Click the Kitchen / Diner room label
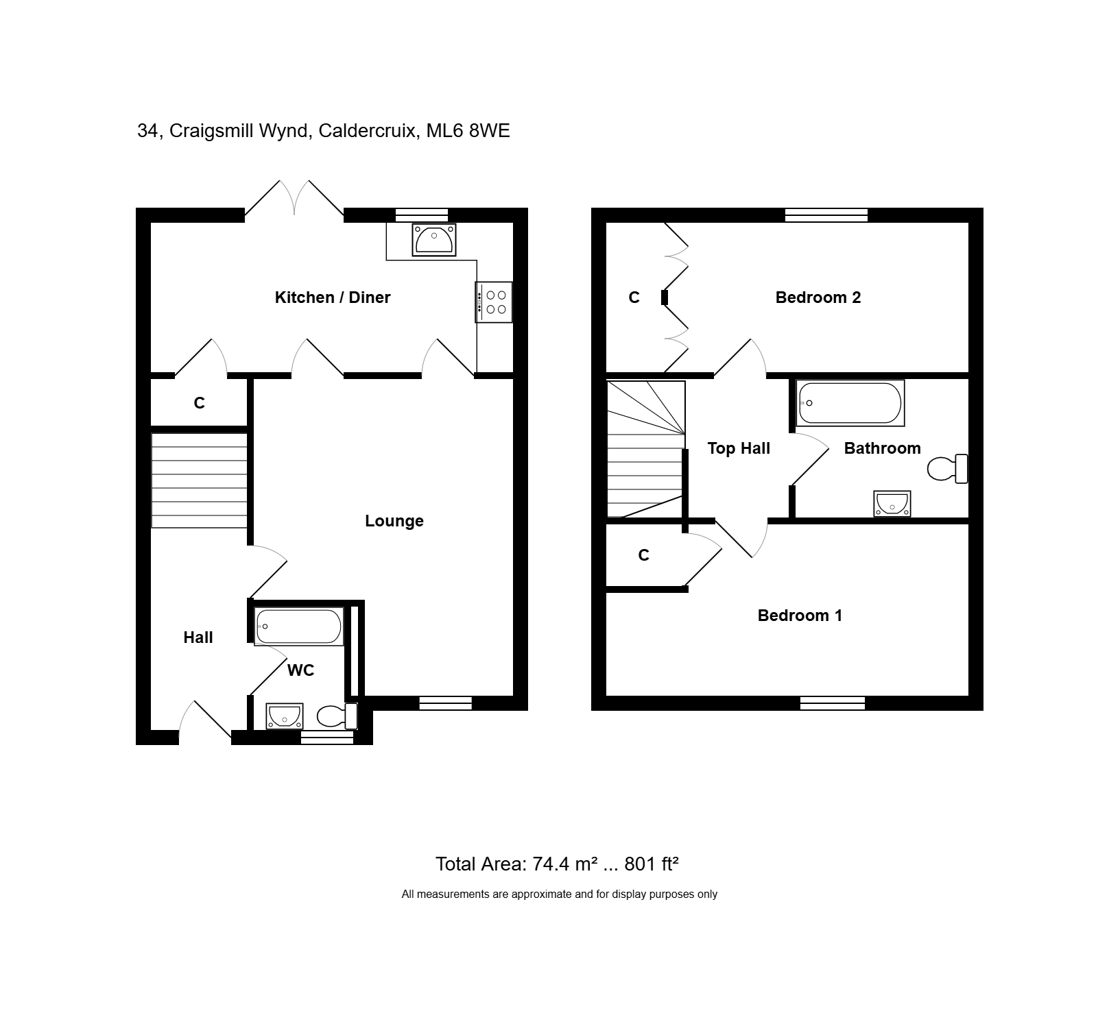(333, 297)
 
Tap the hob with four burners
(494, 302)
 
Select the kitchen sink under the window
(434, 239)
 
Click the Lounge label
(394, 522)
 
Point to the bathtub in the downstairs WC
(298, 626)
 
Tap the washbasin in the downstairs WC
(284, 716)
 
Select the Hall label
(198, 638)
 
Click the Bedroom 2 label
(818, 297)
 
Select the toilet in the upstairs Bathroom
(947, 469)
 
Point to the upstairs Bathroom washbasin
(892, 504)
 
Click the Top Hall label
(739, 448)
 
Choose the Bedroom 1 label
(800, 616)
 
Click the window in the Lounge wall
(445, 703)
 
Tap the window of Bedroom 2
(826, 215)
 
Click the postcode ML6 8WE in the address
(468, 131)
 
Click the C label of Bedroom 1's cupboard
(643, 555)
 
